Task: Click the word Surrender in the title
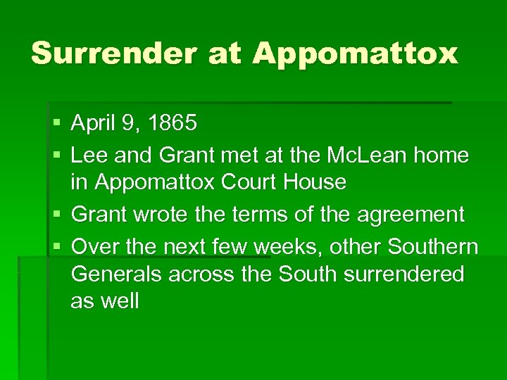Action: [113, 53]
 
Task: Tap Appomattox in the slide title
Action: [355, 53]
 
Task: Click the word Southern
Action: [436, 247]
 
